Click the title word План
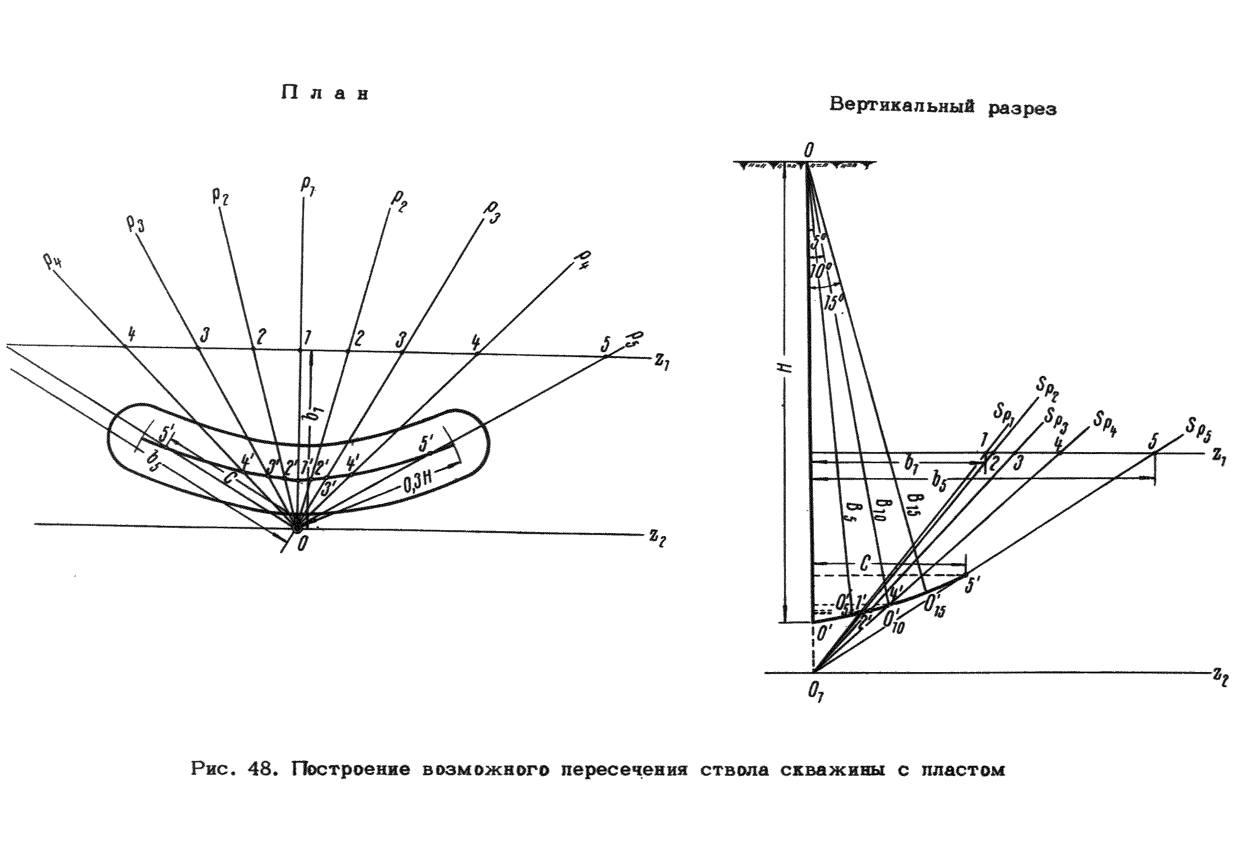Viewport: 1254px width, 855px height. coord(324,93)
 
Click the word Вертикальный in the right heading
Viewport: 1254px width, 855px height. coord(902,105)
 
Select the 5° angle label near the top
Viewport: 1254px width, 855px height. coord(820,241)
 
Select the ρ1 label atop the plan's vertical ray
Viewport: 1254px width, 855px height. coord(308,187)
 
